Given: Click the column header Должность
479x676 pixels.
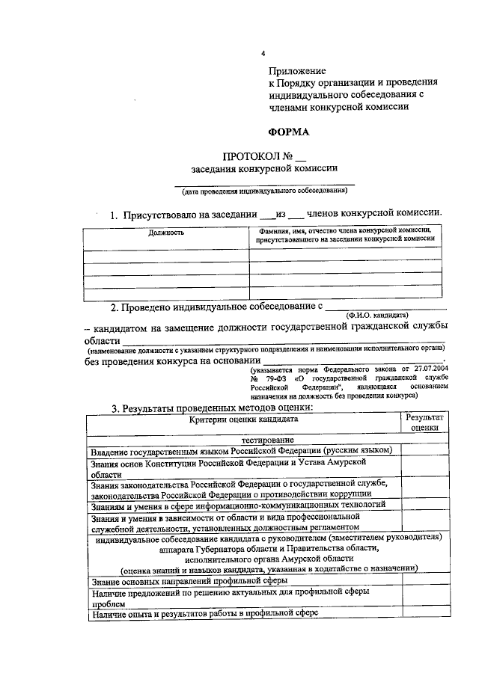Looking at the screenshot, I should pos(166,233).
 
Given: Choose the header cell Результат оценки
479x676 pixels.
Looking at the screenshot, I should pos(425,423).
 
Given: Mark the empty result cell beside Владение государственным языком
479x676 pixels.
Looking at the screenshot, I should pos(425,450).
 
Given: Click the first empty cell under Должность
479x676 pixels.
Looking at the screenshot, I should pos(165,256).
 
